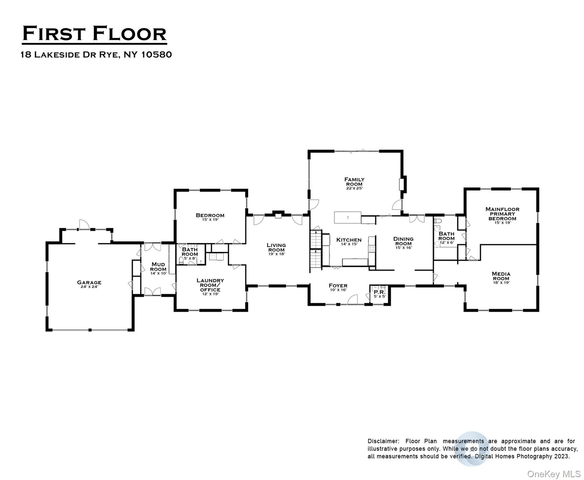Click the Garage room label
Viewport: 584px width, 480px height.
point(89,282)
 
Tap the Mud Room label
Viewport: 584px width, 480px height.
point(158,267)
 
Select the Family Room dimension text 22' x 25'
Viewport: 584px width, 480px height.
point(354,188)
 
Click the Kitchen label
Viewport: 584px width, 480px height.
point(349,240)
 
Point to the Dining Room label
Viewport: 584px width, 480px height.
point(403,241)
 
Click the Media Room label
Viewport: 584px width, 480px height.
point(501,276)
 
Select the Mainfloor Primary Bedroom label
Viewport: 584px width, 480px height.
point(502,214)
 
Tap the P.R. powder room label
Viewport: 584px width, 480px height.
point(380,292)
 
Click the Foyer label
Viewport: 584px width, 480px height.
point(338,286)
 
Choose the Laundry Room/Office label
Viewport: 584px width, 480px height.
point(210,285)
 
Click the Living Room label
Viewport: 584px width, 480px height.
point(276,247)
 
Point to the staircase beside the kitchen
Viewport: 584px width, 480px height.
point(316,249)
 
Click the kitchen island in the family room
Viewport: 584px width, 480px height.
point(347,217)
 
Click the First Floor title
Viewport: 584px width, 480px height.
point(94,34)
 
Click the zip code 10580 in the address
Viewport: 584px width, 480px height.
point(156,54)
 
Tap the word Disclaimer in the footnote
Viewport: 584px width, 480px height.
point(383,441)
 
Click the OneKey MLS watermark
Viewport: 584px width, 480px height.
point(553,474)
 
